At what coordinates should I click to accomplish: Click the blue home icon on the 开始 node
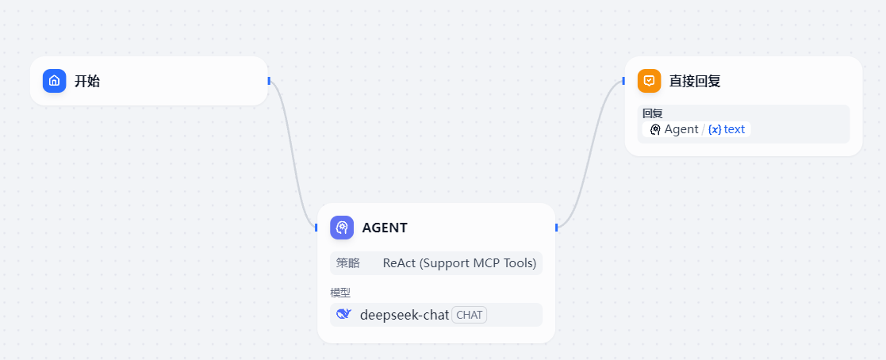click(54, 81)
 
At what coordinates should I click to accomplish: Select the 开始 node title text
click(87, 81)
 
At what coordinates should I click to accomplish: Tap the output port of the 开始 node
click(269, 80)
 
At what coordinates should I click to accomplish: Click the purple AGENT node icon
click(342, 228)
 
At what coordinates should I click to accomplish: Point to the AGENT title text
click(385, 228)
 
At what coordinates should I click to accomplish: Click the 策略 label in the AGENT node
click(347, 262)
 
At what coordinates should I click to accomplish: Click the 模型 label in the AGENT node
click(340, 293)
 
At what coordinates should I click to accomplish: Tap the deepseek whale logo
click(343, 314)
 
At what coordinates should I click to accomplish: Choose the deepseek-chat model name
click(405, 315)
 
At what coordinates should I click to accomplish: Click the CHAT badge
click(470, 315)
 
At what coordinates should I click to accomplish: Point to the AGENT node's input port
click(316, 228)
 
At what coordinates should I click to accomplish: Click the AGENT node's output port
click(556, 228)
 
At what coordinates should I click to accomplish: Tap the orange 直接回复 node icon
click(649, 81)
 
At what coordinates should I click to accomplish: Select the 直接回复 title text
click(695, 81)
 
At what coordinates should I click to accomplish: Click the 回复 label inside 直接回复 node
click(652, 113)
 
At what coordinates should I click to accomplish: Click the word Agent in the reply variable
click(681, 129)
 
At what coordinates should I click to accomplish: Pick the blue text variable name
click(734, 129)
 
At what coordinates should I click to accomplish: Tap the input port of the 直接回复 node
click(624, 80)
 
